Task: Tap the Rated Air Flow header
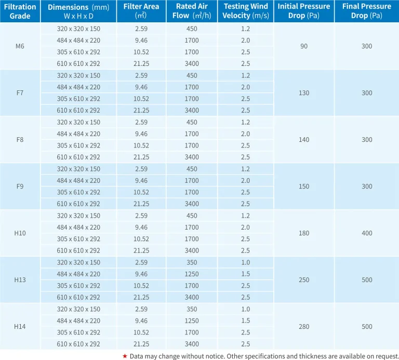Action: click(192, 11)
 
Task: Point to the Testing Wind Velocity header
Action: click(246, 11)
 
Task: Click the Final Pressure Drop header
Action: click(367, 11)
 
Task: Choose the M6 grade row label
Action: click(20, 46)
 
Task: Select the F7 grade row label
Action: click(20, 93)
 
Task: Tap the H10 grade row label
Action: click(20, 233)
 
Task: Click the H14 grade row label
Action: click(20, 327)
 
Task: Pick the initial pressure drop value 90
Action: click(304, 46)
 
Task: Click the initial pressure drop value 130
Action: click(304, 93)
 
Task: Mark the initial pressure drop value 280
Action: click(304, 327)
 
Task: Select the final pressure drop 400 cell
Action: click(367, 233)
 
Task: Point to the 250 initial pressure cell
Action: click(304, 280)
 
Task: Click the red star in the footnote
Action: click(125, 355)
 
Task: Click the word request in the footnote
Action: click(384, 356)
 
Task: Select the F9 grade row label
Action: click(20, 186)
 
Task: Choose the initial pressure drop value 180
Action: click(304, 233)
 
